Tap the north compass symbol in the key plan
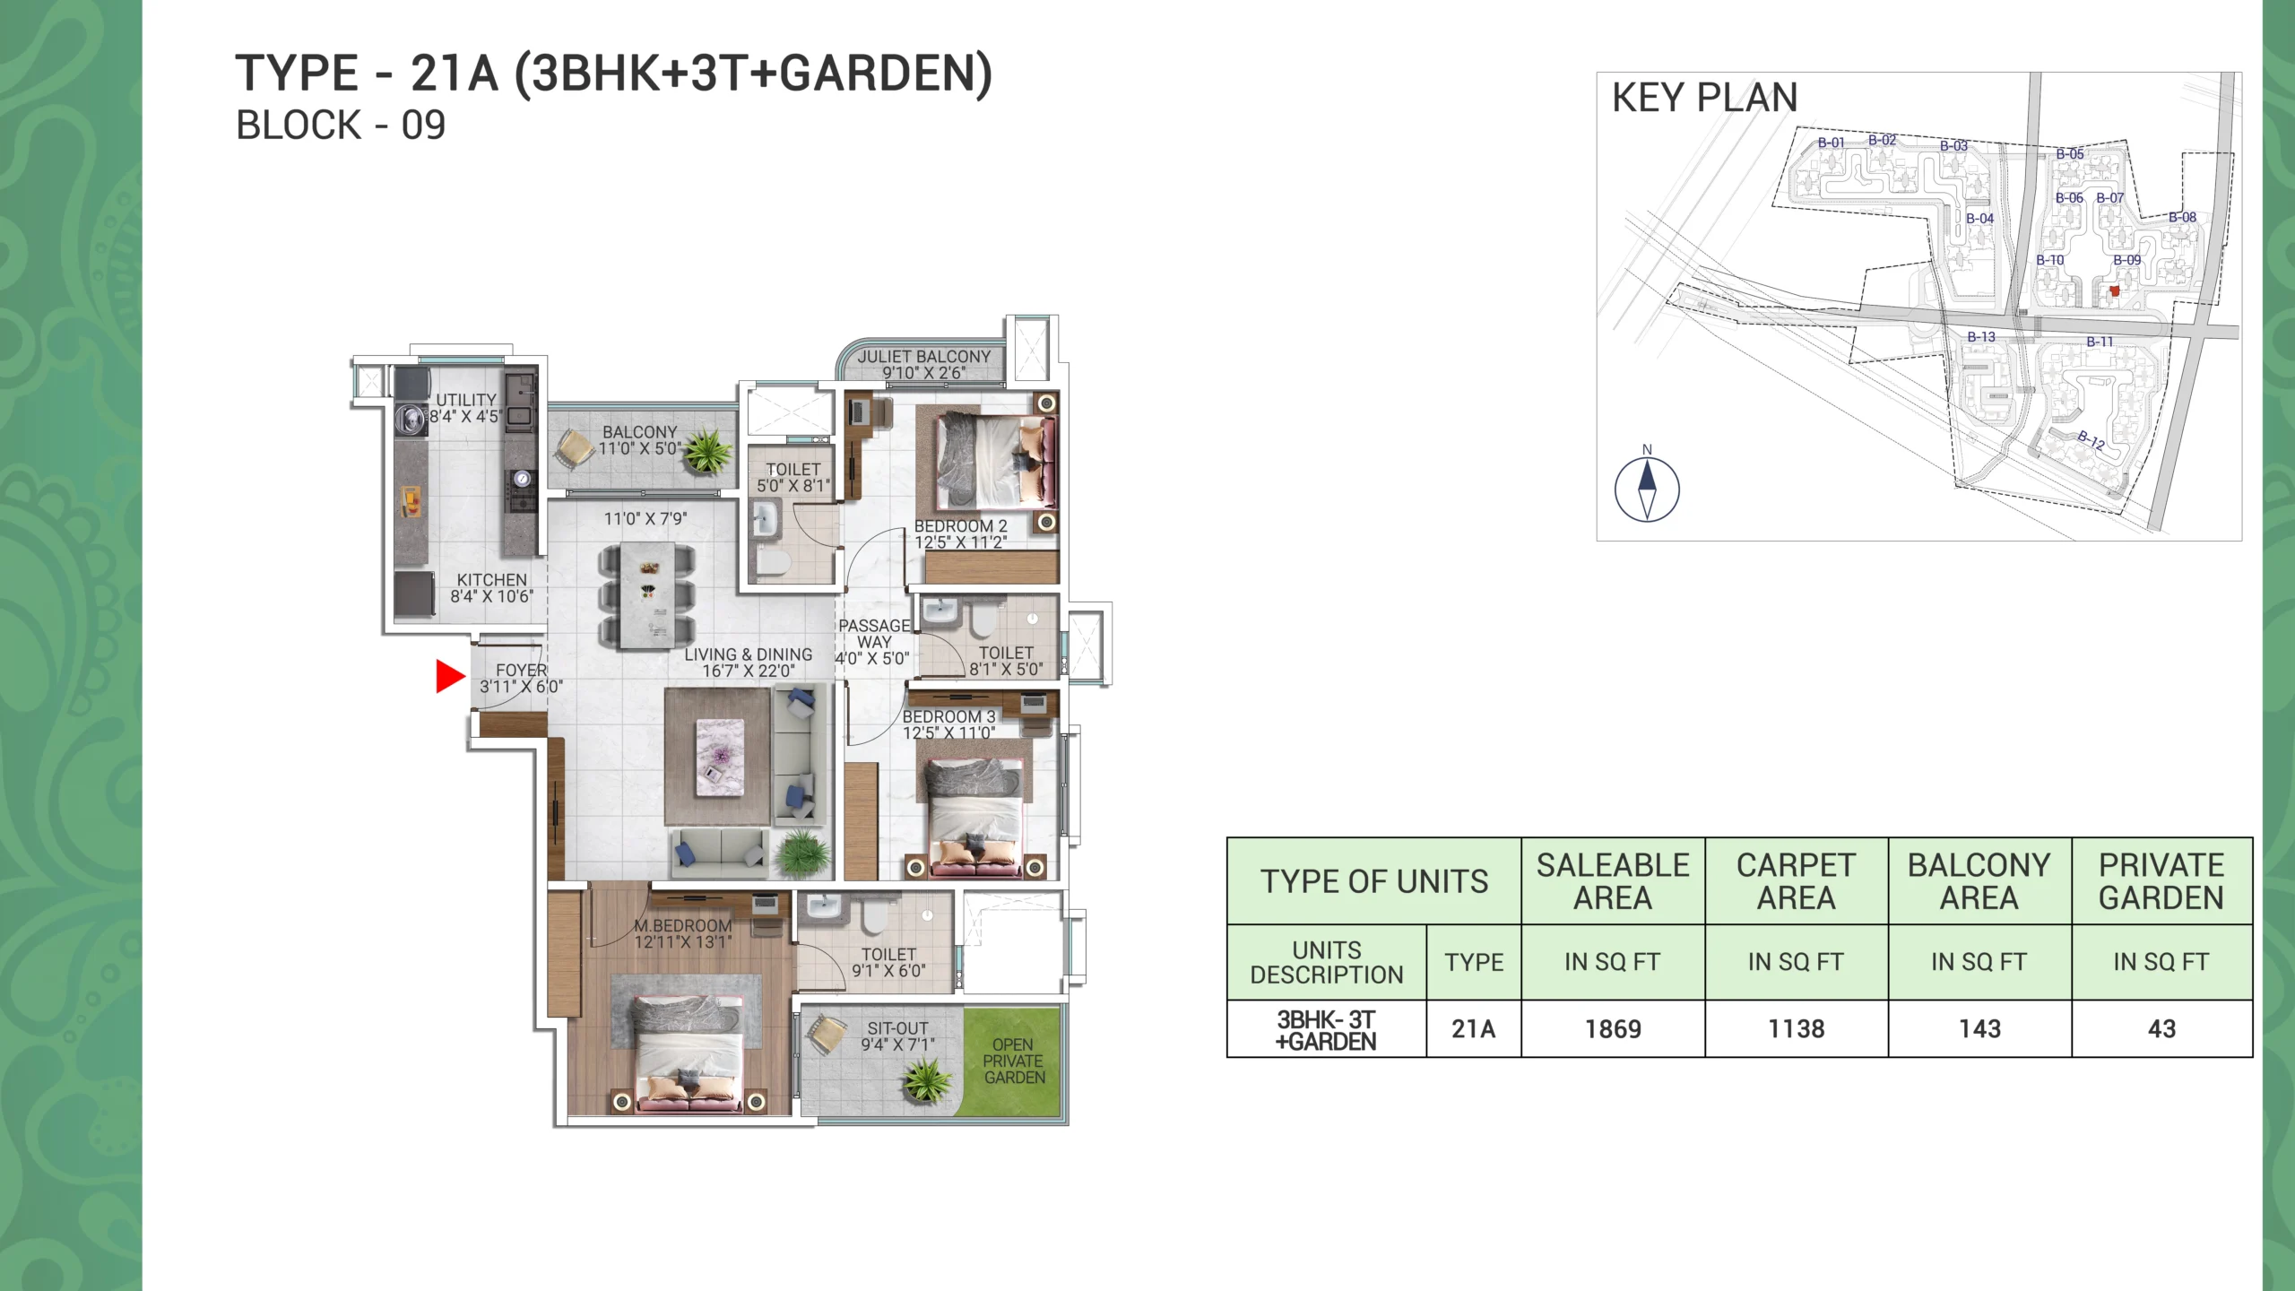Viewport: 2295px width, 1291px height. [x=1647, y=490]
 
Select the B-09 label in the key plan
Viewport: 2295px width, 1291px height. [x=2126, y=260]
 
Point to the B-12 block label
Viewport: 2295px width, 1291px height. [x=2091, y=439]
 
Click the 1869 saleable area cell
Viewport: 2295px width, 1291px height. [x=1613, y=1029]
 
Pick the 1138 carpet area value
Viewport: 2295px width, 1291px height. [x=1797, y=1029]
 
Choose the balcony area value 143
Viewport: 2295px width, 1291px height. [x=1979, y=1029]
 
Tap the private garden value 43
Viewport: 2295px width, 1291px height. [x=2161, y=1029]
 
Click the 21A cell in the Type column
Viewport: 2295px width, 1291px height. [x=1474, y=1029]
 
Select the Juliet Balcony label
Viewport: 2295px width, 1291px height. [x=924, y=356]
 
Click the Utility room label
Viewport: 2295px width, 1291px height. [x=466, y=400]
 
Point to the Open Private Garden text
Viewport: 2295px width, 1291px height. [x=1014, y=1061]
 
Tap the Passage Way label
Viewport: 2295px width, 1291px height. [x=874, y=634]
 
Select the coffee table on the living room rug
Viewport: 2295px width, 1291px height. [x=720, y=756]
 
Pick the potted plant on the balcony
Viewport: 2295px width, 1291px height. [x=706, y=450]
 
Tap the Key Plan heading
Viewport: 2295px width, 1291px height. [x=1705, y=98]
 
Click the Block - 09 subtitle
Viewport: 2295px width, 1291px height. [x=341, y=126]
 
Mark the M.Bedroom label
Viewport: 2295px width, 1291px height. [x=683, y=925]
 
